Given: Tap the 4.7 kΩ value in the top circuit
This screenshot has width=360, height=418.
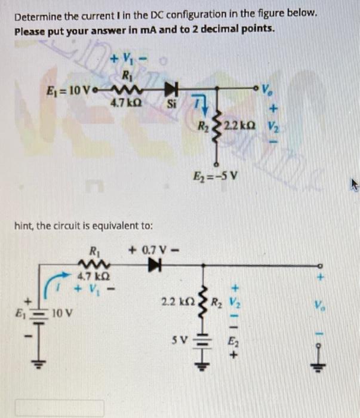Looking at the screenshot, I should coord(124,102).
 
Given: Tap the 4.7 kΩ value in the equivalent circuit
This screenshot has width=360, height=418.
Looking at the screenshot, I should coord(88,275).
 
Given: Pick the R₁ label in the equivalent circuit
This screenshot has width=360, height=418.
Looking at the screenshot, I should coord(94,250).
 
